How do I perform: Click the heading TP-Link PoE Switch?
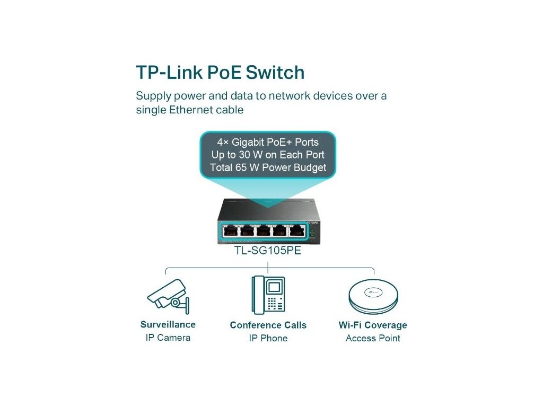(220, 72)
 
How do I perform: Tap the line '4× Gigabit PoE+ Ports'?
(268, 142)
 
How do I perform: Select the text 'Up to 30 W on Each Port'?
(268, 155)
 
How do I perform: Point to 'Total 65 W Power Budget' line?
(268, 169)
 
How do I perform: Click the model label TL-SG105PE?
(268, 251)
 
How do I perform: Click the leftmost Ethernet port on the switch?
(231, 231)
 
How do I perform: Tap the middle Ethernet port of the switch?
(263, 231)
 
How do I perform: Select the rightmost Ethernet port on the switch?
(295, 231)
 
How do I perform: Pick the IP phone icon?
(268, 295)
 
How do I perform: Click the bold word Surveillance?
(168, 324)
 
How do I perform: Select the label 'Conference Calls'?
(268, 325)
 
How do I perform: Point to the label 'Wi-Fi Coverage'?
(373, 325)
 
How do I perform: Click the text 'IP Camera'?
(168, 338)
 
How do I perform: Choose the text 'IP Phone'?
(268, 338)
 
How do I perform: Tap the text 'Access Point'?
(373, 338)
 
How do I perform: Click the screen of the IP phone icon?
(274, 287)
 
